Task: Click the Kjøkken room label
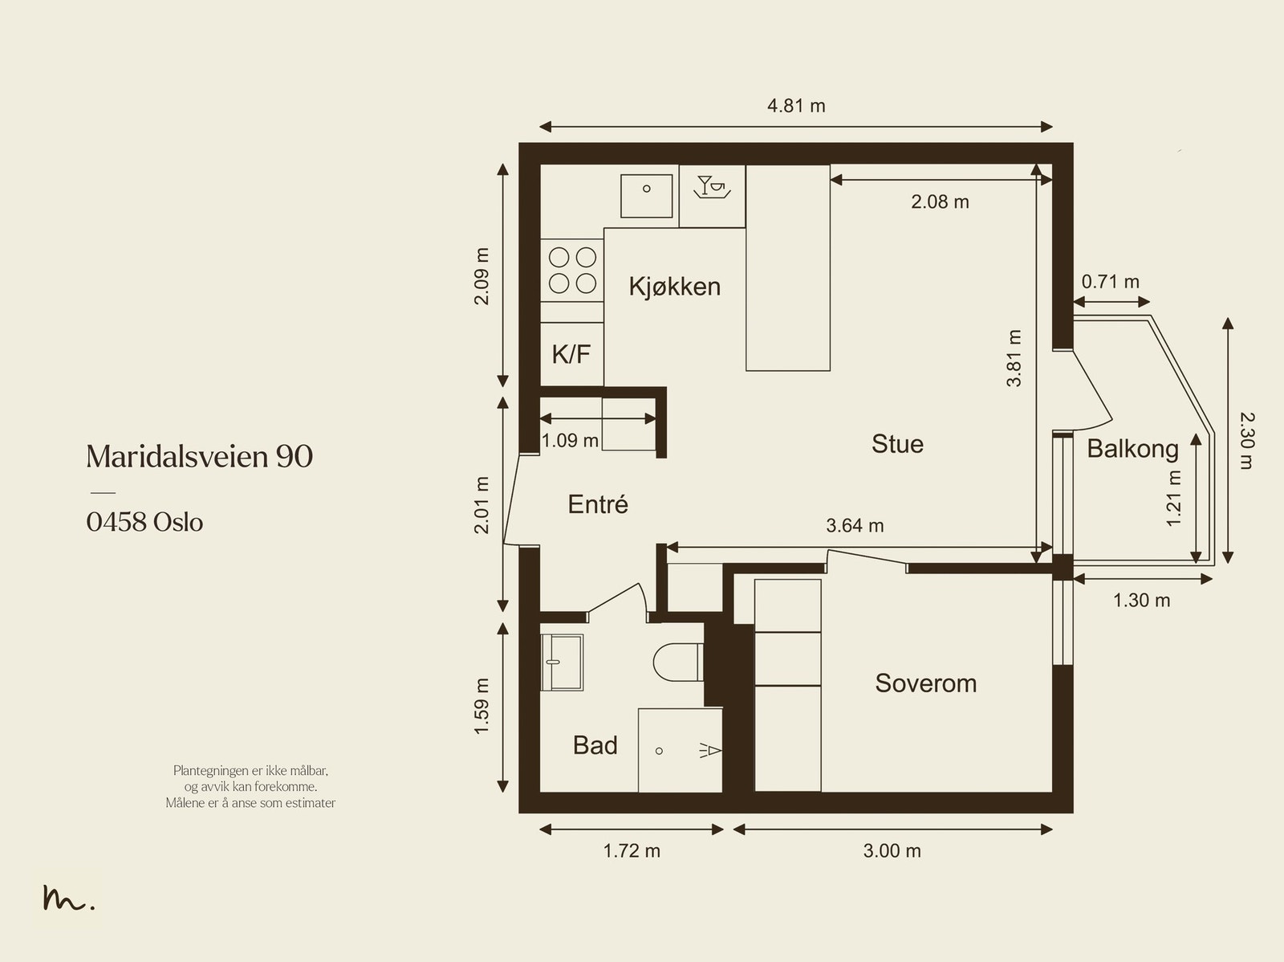click(x=674, y=287)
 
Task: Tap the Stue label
click(x=897, y=443)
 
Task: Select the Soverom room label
click(x=925, y=683)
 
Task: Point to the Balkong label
click(x=1132, y=450)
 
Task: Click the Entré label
click(x=598, y=503)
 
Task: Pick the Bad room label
click(x=595, y=745)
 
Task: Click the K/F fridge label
click(x=571, y=353)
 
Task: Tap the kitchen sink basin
click(x=646, y=195)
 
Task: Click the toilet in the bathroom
click(x=678, y=662)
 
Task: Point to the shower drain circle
click(x=660, y=751)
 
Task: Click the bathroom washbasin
click(x=562, y=662)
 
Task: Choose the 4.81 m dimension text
click(x=796, y=106)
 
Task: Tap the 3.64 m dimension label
click(x=855, y=525)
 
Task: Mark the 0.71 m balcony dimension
click(x=1111, y=282)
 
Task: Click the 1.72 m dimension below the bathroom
click(x=632, y=850)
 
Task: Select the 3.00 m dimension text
click(x=892, y=850)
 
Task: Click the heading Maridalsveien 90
click(x=200, y=456)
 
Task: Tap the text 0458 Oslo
click(x=144, y=522)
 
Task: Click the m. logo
click(x=68, y=898)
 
